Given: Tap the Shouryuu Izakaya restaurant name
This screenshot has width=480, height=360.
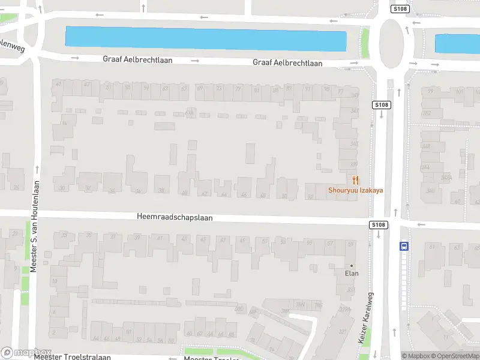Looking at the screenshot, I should point(356,191).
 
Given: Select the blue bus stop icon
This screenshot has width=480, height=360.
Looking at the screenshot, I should point(404,245).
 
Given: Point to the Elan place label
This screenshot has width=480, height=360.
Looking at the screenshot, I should point(352,274).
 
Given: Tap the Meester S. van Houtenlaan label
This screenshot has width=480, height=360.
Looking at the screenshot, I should point(35,227).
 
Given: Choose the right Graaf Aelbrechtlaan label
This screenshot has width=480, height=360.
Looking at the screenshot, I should point(287,63).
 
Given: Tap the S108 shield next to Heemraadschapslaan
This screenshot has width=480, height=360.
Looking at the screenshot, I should point(378,225).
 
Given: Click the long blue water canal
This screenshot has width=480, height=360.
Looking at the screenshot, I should point(206,39).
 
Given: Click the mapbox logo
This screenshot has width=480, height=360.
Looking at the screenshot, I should point(26,352).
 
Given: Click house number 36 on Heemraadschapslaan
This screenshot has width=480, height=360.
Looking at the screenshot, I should point(138,191).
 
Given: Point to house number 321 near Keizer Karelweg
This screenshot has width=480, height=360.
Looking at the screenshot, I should point(342,331).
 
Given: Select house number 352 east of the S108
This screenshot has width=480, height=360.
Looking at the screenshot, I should point(427,113).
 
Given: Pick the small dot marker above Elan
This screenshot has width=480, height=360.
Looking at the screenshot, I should point(352,266).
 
